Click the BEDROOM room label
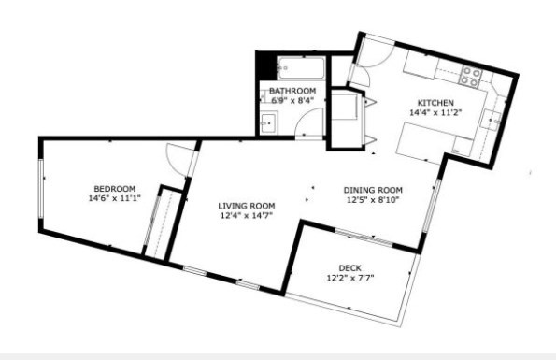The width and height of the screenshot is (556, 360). (114, 187)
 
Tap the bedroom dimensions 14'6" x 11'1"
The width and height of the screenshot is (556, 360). (114, 198)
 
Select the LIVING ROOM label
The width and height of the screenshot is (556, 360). (247, 206)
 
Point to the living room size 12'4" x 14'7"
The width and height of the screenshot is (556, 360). (247, 217)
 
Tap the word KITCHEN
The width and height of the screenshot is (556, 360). (435, 102)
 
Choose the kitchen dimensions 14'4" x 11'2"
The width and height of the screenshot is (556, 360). (435, 112)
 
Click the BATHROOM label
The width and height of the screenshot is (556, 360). (292, 91)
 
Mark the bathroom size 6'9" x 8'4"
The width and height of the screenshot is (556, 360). (292, 100)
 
